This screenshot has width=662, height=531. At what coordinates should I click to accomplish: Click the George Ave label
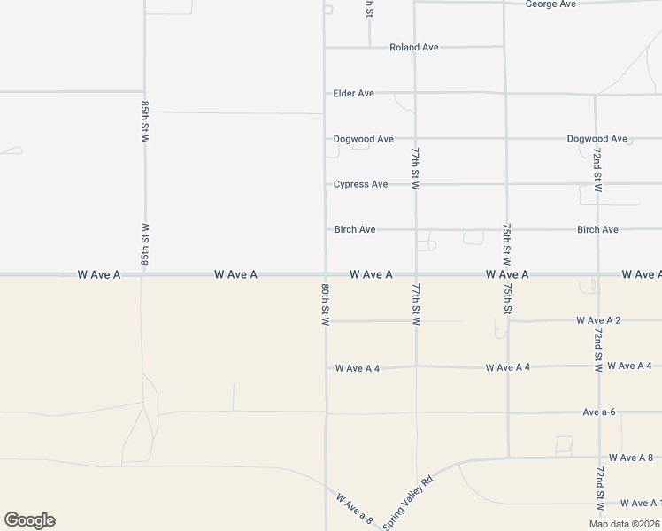[x=550, y=4]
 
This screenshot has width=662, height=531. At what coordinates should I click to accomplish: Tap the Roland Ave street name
[x=414, y=48]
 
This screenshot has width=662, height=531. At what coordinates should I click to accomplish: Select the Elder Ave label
[x=354, y=93]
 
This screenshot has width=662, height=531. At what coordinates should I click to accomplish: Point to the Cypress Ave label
[x=360, y=184]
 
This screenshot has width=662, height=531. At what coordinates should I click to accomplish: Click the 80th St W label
[x=326, y=304]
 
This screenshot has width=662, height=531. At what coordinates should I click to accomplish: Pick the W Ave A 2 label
[x=598, y=319]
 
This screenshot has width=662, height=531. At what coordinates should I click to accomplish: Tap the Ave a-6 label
[x=599, y=412]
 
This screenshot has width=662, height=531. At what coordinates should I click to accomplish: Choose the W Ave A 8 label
[x=630, y=458]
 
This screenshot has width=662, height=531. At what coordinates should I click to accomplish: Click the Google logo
[x=29, y=520]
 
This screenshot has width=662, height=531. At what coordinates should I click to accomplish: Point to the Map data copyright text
[x=624, y=524]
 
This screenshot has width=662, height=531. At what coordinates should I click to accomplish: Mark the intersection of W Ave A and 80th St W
[x=326, y=274]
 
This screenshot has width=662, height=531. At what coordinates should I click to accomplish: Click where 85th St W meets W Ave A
[x=142, y=274]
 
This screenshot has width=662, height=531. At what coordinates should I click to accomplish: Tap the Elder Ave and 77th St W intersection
[x=415, y=92]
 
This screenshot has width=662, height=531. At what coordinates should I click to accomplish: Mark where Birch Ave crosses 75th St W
[x=506, y=230]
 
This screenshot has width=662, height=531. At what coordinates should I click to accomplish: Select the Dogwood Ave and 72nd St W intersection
[x=597, y=139]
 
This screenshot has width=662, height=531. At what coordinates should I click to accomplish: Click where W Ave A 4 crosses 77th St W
[x=416, y=366]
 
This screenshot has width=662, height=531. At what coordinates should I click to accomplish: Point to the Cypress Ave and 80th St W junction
[x=326, y=184]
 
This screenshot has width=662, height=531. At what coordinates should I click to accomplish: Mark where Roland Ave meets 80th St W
[x=326, y=48]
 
